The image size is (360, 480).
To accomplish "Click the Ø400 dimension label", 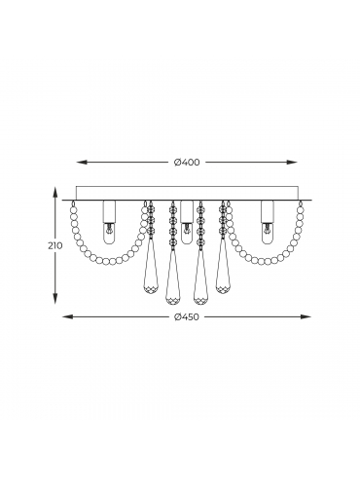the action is point(187,163).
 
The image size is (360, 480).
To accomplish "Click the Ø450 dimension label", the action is point(187,316).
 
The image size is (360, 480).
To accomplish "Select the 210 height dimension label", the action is point(55,246).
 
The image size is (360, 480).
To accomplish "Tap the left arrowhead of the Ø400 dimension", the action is point(81,163).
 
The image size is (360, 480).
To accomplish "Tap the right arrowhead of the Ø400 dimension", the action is point(293,163).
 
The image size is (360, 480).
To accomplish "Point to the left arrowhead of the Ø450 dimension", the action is point(67,316).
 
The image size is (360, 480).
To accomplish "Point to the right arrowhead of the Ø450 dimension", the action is point(306,316).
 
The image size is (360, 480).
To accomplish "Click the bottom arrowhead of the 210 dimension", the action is point(55,299).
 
